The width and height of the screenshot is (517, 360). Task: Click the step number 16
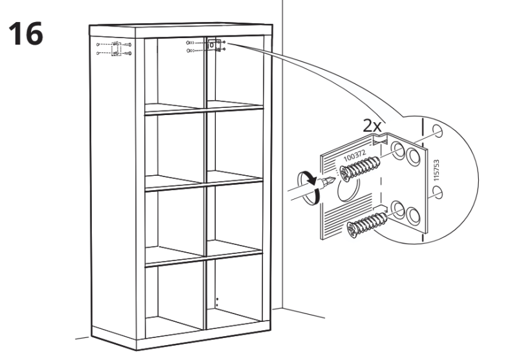pyautogui.click(x=26, y=34)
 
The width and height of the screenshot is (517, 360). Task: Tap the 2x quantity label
pyautogui.click(x=372, y=125)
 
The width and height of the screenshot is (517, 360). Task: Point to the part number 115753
pyautogui.click(x=436, y=170)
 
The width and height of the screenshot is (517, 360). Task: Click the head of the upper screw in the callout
pyautogui.click(x=344, y=173)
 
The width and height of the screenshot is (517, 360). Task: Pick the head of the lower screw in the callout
pyautogui.click(x=352, y=229)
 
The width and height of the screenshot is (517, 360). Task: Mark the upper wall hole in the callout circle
pyautogui.click(x=438, y=131)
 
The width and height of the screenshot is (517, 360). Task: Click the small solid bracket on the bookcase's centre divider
pyautogui.click(x=213, y=45)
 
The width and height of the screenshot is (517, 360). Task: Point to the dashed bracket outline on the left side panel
pyautogui.click(x=116, y=48)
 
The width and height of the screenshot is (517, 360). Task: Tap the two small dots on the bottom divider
pyautogui.click(x=217, y=302)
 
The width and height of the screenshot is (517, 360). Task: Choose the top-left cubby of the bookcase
pyautogui.click(x=174, y=73)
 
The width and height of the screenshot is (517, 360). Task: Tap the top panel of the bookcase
pyautogui.click(x=181, y=30)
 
